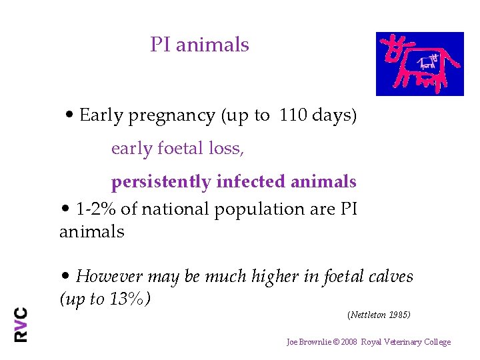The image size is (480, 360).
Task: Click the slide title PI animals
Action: coord(199,45)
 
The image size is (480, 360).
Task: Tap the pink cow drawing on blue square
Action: coord(419,64)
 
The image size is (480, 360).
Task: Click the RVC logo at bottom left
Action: coord(21,324)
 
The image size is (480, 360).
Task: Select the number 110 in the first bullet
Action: coord(291,115)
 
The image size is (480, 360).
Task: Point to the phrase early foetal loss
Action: coord(177,149)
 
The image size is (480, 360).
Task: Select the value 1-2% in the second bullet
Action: coord(97,209)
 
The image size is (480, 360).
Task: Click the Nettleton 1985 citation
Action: coord(379,314)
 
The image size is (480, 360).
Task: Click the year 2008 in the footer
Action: coord(349,342)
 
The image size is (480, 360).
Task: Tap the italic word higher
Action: coord(271,276)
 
